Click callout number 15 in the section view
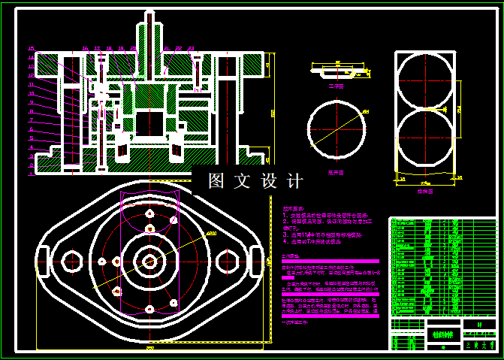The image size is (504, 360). point(31,49)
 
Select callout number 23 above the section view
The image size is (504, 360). point(192,48)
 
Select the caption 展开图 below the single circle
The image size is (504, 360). point(335,171)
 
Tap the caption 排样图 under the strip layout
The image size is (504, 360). point(424,191)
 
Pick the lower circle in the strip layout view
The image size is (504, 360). point(425,140)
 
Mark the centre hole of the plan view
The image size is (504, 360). point(149,261)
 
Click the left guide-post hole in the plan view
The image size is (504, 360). point(72,261)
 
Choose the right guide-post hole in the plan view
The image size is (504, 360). point(226,261)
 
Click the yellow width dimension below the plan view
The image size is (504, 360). point(149,348)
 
